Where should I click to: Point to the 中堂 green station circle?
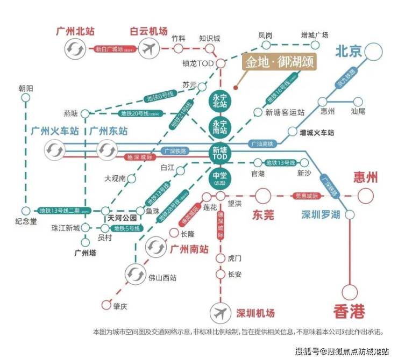(220, 177)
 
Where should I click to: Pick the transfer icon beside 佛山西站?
(134, 275)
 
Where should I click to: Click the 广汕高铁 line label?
(262, 144)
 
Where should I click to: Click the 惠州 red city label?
(366, 177)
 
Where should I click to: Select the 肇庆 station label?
(120, 307)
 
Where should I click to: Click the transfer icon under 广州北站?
(74, 50)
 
